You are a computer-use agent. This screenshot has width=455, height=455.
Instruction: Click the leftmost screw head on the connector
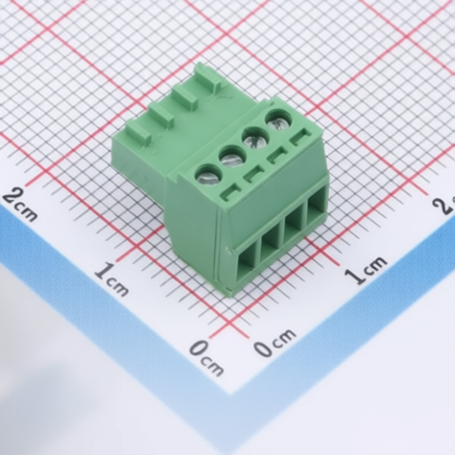[209, 176]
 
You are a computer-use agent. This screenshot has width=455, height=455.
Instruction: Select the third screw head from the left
[256, 138]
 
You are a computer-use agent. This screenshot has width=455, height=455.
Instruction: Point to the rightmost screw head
[279, 120]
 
